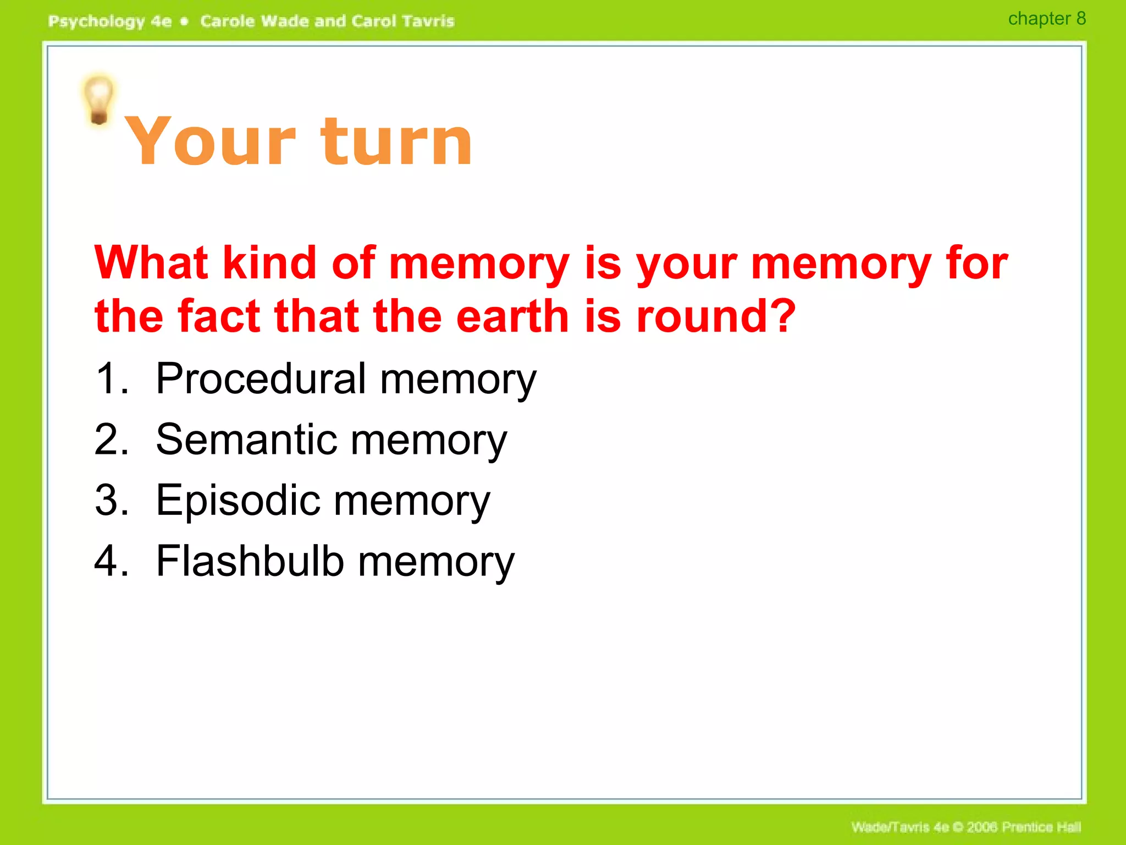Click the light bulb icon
coord(98,100)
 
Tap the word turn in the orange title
coord(396,141)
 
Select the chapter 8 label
coord(1046,19)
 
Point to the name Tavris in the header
coord(428,21)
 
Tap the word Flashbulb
coord(250,561)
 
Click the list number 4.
coord(110,561)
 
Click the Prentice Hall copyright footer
coord(965,827)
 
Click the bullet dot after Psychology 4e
coord(185,21)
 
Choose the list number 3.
coord(110,501)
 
